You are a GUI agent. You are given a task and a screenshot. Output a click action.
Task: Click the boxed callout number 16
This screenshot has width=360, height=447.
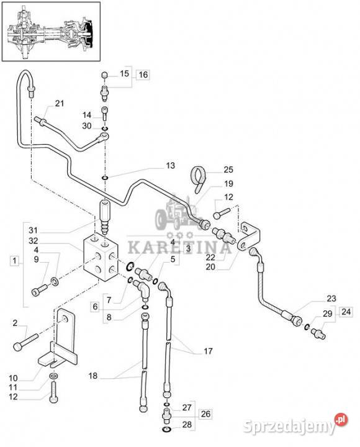coord(143,74)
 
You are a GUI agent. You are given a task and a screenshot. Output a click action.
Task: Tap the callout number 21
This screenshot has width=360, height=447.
coord(60,103)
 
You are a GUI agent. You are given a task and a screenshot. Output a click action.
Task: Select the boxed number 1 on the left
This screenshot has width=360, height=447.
coord(15,261)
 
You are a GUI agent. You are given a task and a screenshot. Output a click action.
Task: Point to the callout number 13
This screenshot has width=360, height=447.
coord(170,166)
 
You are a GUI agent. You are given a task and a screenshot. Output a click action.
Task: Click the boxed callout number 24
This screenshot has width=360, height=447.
coord(346,312)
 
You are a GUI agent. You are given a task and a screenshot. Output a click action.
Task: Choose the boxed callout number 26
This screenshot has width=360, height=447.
coord(205,413)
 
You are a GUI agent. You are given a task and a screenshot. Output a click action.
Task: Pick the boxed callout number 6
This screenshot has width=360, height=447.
coord(95,307)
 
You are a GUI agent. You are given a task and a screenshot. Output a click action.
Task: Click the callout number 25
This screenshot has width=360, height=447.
coord(228,169)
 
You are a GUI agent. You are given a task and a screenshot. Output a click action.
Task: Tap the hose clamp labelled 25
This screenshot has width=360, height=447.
coord(199,178)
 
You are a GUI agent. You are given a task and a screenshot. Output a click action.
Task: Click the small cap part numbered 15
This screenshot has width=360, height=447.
coord(105,76)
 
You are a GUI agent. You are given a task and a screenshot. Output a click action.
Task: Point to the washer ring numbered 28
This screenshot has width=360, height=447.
coord(166,430)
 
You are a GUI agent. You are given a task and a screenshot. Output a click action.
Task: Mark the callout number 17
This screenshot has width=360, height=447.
coord(208,351)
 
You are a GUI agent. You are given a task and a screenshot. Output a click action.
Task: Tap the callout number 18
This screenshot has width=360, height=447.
coord(93,376)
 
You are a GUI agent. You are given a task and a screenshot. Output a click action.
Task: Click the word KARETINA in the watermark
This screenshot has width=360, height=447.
coord(179,248)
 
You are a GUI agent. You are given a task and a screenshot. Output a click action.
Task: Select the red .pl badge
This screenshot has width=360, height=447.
coord(341,420)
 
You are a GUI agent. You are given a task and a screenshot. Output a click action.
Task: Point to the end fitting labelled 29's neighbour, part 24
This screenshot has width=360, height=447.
coord(318,333)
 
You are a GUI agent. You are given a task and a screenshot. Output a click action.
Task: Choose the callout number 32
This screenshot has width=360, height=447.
coord(33,241)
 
